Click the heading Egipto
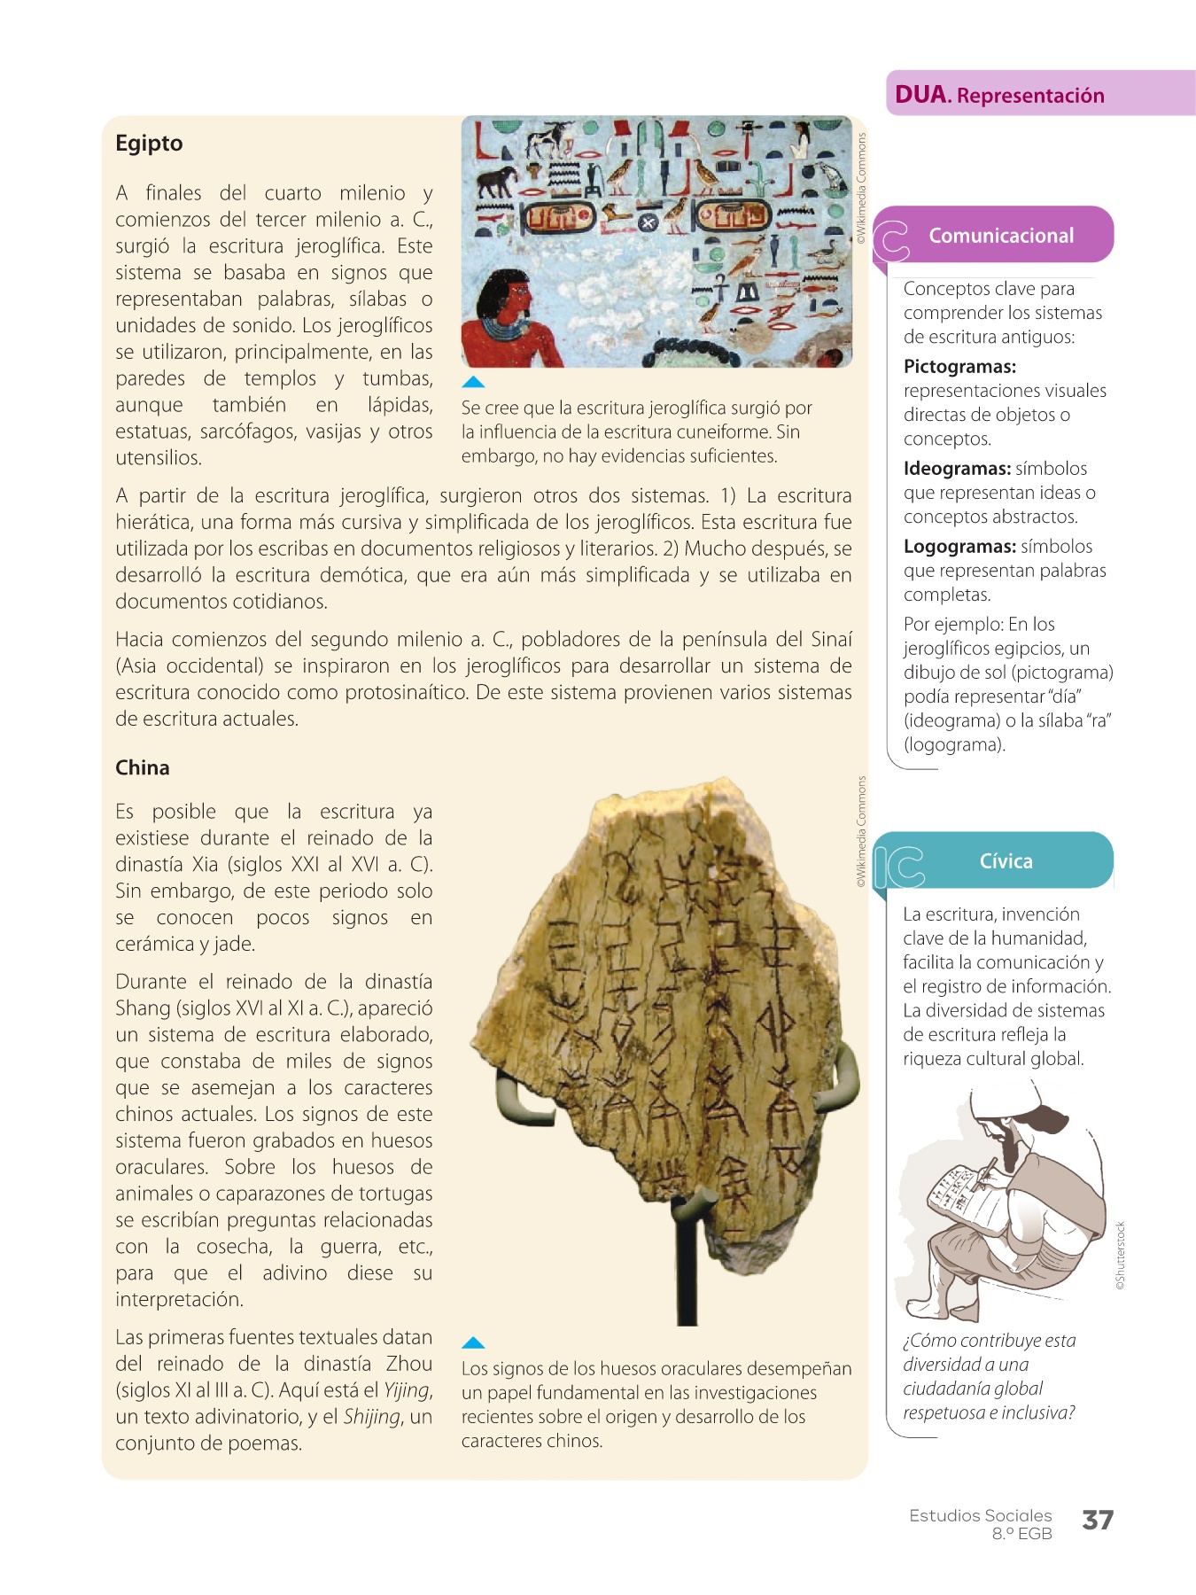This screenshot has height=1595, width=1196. tap(149, 144)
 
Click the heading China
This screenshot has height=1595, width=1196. tap(143, 767)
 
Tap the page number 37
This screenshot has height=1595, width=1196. tap(1097, 1521)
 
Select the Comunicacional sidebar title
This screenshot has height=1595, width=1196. tap(1001, 236)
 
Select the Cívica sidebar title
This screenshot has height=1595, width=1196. tap(1006, 861)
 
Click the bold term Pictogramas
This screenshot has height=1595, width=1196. tap(959, 367)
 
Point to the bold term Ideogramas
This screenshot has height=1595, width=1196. tap(957, 469)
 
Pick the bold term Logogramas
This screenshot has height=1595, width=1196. tap(959, 547)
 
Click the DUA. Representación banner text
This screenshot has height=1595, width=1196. tap(999, 96)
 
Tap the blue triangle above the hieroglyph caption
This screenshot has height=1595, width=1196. tap(473, 383)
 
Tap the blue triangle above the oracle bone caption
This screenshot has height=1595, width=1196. tap(473, 1343)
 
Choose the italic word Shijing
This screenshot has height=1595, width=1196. tap(372, 1417)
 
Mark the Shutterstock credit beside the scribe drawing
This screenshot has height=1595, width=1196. tap(1120, 1256)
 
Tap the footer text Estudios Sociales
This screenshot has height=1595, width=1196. tap(980, 1516)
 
